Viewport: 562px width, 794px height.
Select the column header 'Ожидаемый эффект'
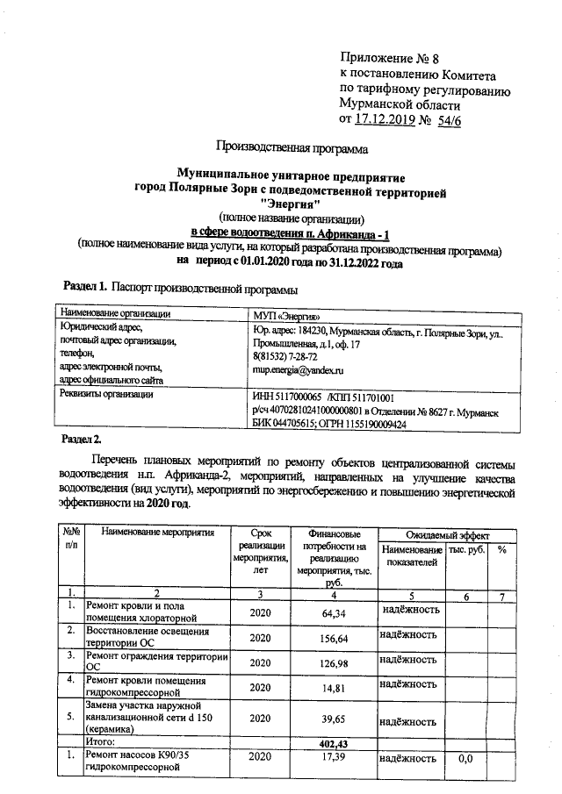pyautogui.click(x=447, y=534)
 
